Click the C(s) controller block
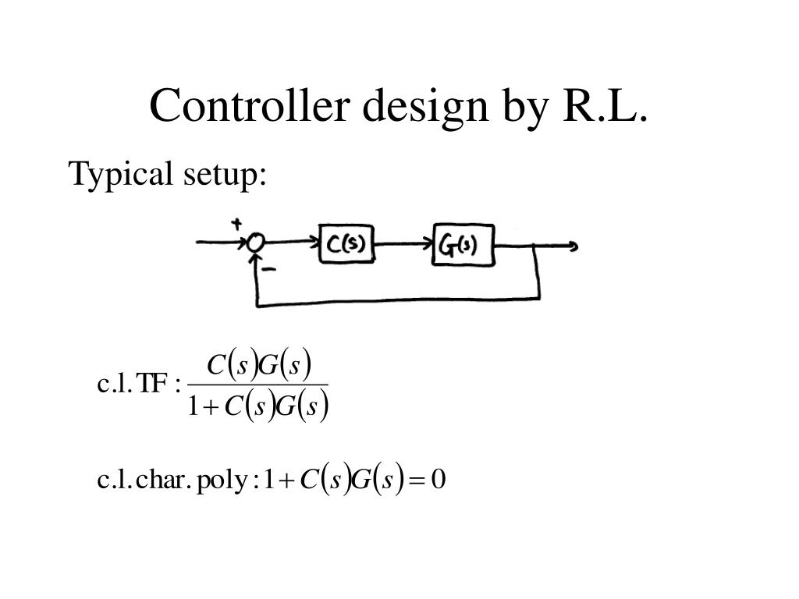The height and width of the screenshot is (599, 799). (x=346, y=245)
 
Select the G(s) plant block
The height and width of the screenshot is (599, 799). (x=463, y=246)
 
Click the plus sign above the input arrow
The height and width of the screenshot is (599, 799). (x=236, y=225)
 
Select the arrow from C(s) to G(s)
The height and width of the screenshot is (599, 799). (x=403, y=244)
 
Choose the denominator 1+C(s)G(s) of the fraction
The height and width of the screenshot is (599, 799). (x=257, y=406)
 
